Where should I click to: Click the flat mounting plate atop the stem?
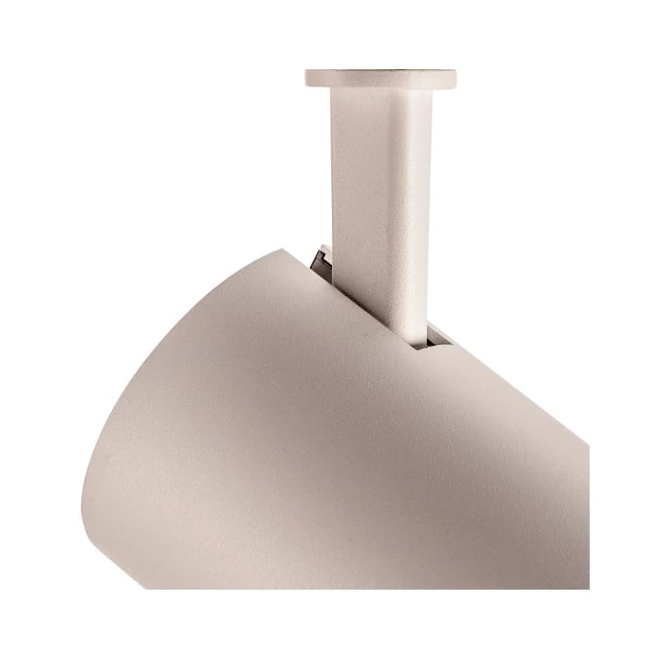[381, 79]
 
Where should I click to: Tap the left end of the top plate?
[307, 79]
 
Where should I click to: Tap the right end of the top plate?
[454, 79]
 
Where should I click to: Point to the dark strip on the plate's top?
[381, 71]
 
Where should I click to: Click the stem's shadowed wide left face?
[362, 206]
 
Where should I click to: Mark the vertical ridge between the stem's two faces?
[402, 206]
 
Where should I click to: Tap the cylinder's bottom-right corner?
[587, 587]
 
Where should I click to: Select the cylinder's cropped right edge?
[587, 511]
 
